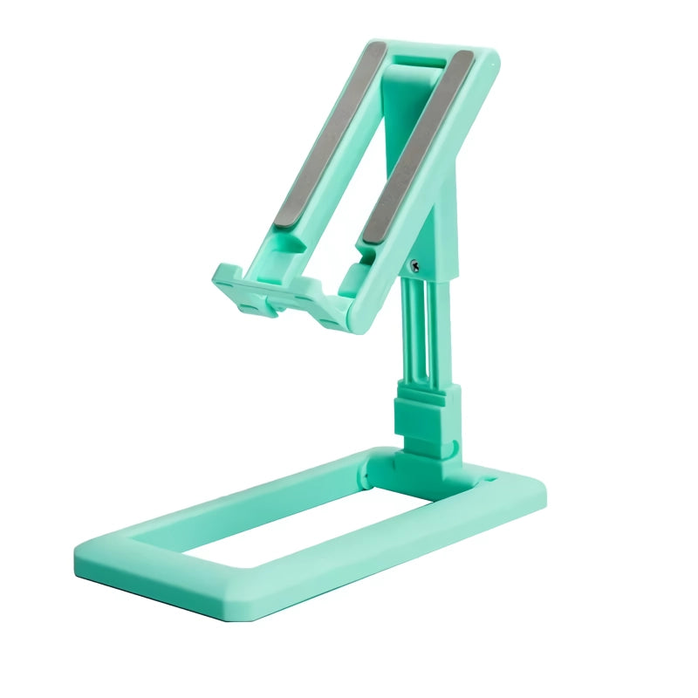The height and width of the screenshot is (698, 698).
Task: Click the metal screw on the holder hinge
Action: point(414,266)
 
